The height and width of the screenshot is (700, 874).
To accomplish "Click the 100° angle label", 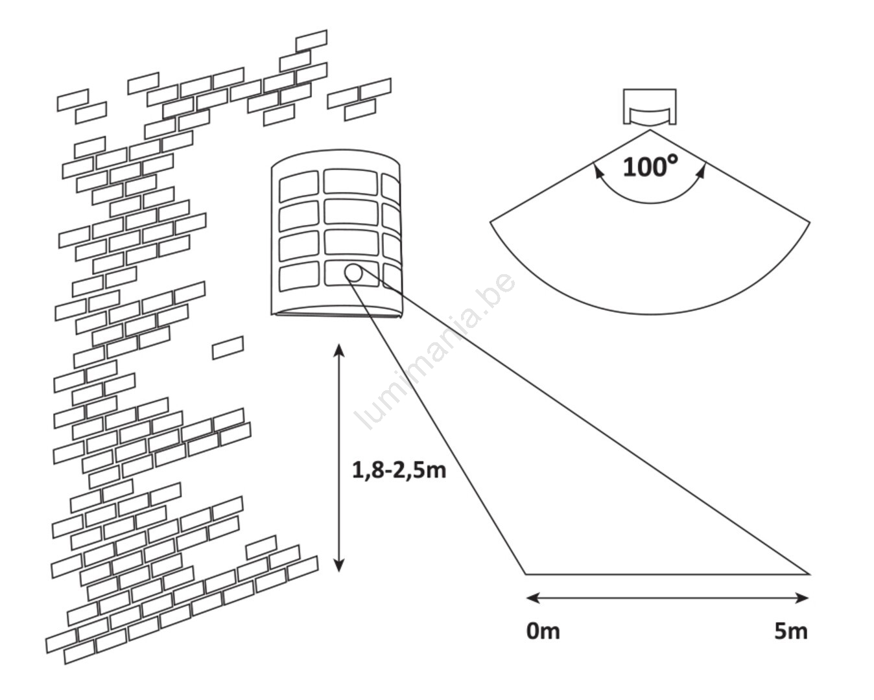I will (650, 167).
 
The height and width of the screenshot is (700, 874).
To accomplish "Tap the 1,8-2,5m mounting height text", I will (399, 469).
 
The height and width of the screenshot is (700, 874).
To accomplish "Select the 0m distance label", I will (543, 631).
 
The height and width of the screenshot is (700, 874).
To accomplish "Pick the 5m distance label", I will (790, 631).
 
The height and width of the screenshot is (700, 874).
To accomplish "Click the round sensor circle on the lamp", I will (353, 273).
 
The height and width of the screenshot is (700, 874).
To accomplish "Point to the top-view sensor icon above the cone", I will (650, 107).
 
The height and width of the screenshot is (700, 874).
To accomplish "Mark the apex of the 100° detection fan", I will (650, 131).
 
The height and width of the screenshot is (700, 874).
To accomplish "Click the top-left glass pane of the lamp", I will (298, 187).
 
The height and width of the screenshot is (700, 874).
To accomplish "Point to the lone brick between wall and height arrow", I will (228, 347).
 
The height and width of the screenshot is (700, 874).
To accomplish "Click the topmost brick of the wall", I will (311, 40).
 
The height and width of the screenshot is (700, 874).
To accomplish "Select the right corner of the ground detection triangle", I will (809, 574).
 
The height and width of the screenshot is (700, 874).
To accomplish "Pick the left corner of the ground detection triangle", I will (526, 574).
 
